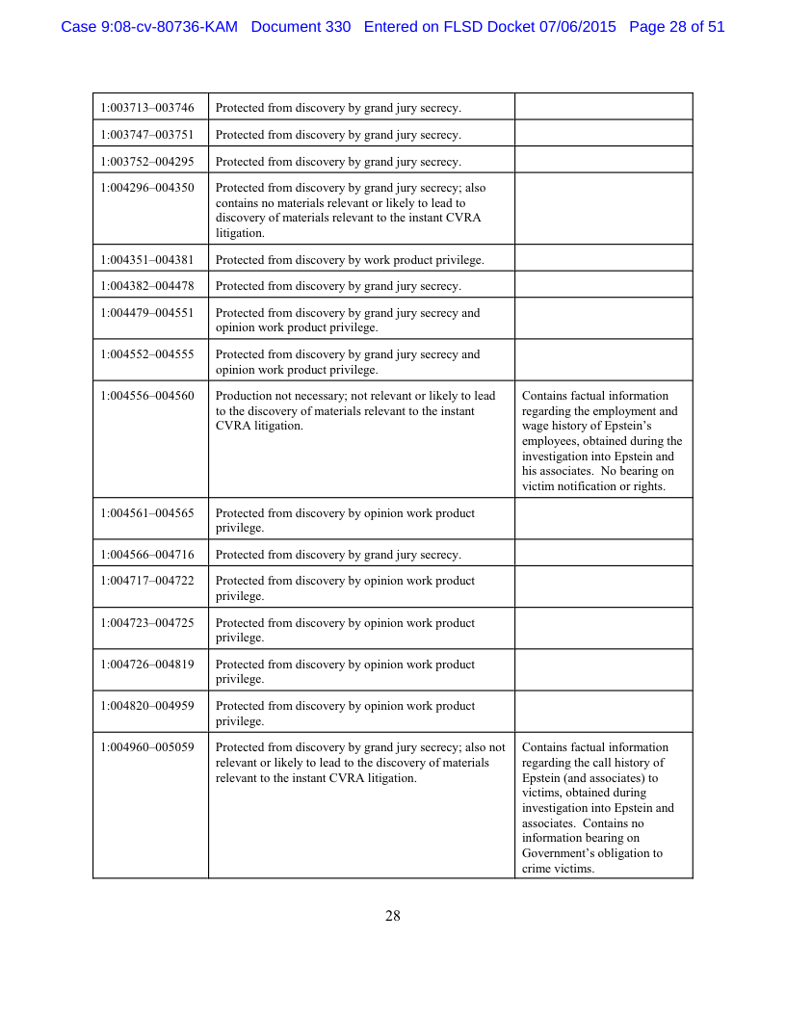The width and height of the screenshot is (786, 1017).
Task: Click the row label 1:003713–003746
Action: click(147, 108)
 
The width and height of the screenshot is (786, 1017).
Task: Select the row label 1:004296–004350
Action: click(147, 188)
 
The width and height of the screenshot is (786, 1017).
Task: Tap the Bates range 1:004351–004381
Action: click(147, 259)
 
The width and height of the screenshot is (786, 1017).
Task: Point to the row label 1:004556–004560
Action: click(147, 396)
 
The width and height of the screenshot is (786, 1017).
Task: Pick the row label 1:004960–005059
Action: click(147, 747)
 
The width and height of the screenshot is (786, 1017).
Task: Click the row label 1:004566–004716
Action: click(147, 554)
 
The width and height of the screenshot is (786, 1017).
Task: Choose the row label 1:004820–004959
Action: click(147, 706)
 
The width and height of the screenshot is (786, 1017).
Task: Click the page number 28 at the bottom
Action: click(393, 916)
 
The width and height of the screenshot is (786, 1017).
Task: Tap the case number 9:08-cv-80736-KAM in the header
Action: click(149, 27)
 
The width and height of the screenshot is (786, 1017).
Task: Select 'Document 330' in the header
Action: click(301, 27)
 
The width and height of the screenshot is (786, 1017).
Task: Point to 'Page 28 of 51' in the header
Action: click(676, 27)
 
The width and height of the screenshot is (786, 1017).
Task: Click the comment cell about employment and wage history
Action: click(602, 440)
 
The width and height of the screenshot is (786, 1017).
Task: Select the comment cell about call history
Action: click(602, 807)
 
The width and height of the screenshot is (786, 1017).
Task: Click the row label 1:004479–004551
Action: click(147, 313)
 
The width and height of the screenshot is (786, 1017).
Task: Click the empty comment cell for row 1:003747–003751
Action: click(603, 134)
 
